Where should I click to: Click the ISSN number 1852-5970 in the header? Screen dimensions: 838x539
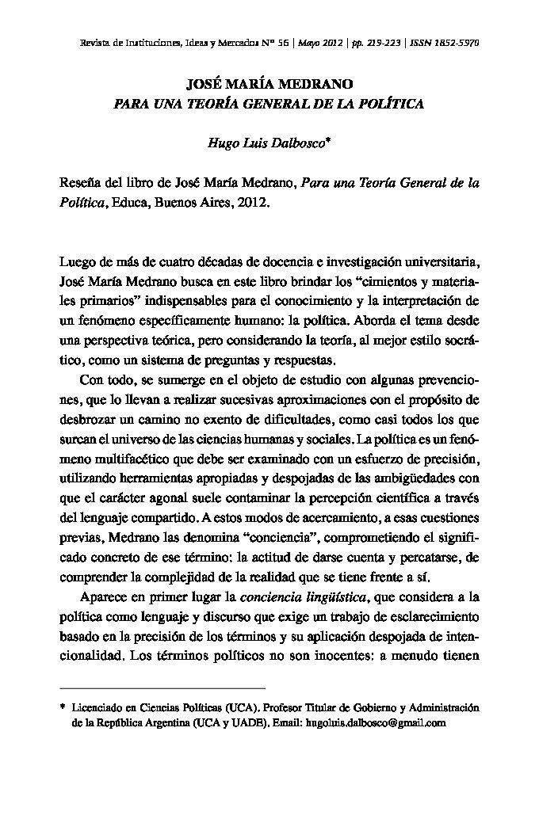pyautogui.click(x=457, y=43)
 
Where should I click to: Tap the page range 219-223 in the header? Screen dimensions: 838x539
pyautogui.click(x=377, y=43)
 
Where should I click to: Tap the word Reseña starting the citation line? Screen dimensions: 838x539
pyautogui.click(x=81, y=183)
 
